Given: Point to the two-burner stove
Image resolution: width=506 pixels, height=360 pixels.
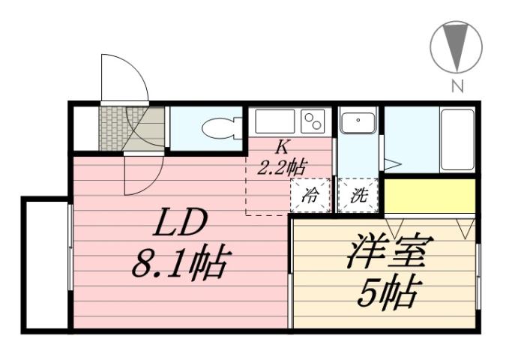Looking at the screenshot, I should [x=312, y=120].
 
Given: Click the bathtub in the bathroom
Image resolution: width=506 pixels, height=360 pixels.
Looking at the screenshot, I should [x=457, y=140].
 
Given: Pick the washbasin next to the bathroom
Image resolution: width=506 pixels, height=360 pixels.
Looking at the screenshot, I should [x=358, y=122].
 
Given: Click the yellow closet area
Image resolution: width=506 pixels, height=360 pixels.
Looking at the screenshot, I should [x=430, y=196].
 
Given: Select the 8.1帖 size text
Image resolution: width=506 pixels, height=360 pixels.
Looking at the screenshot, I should [x=180, y=264].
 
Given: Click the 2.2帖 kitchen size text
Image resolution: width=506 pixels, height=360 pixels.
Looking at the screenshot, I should [x=281, y=166].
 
